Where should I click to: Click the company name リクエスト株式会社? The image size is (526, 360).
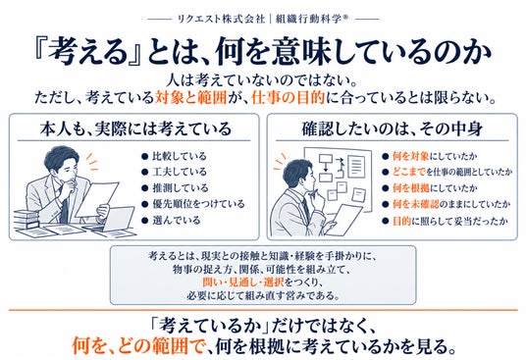221,19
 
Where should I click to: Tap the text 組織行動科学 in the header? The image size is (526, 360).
308,19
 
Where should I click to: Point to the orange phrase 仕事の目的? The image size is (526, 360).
288,98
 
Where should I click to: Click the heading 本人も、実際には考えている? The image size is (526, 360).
135,129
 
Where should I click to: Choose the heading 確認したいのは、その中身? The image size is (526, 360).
392,129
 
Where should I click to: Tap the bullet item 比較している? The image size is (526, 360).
180,156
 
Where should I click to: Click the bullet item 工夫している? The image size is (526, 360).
180,172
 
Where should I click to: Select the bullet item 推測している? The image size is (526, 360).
181,188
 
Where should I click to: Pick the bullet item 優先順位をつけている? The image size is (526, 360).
198,204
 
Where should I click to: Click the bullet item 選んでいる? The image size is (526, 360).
177,221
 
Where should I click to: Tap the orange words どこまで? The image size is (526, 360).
409,172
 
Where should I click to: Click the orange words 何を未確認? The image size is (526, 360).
416,204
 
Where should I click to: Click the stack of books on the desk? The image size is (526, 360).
26,220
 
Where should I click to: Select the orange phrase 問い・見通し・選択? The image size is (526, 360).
243,283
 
